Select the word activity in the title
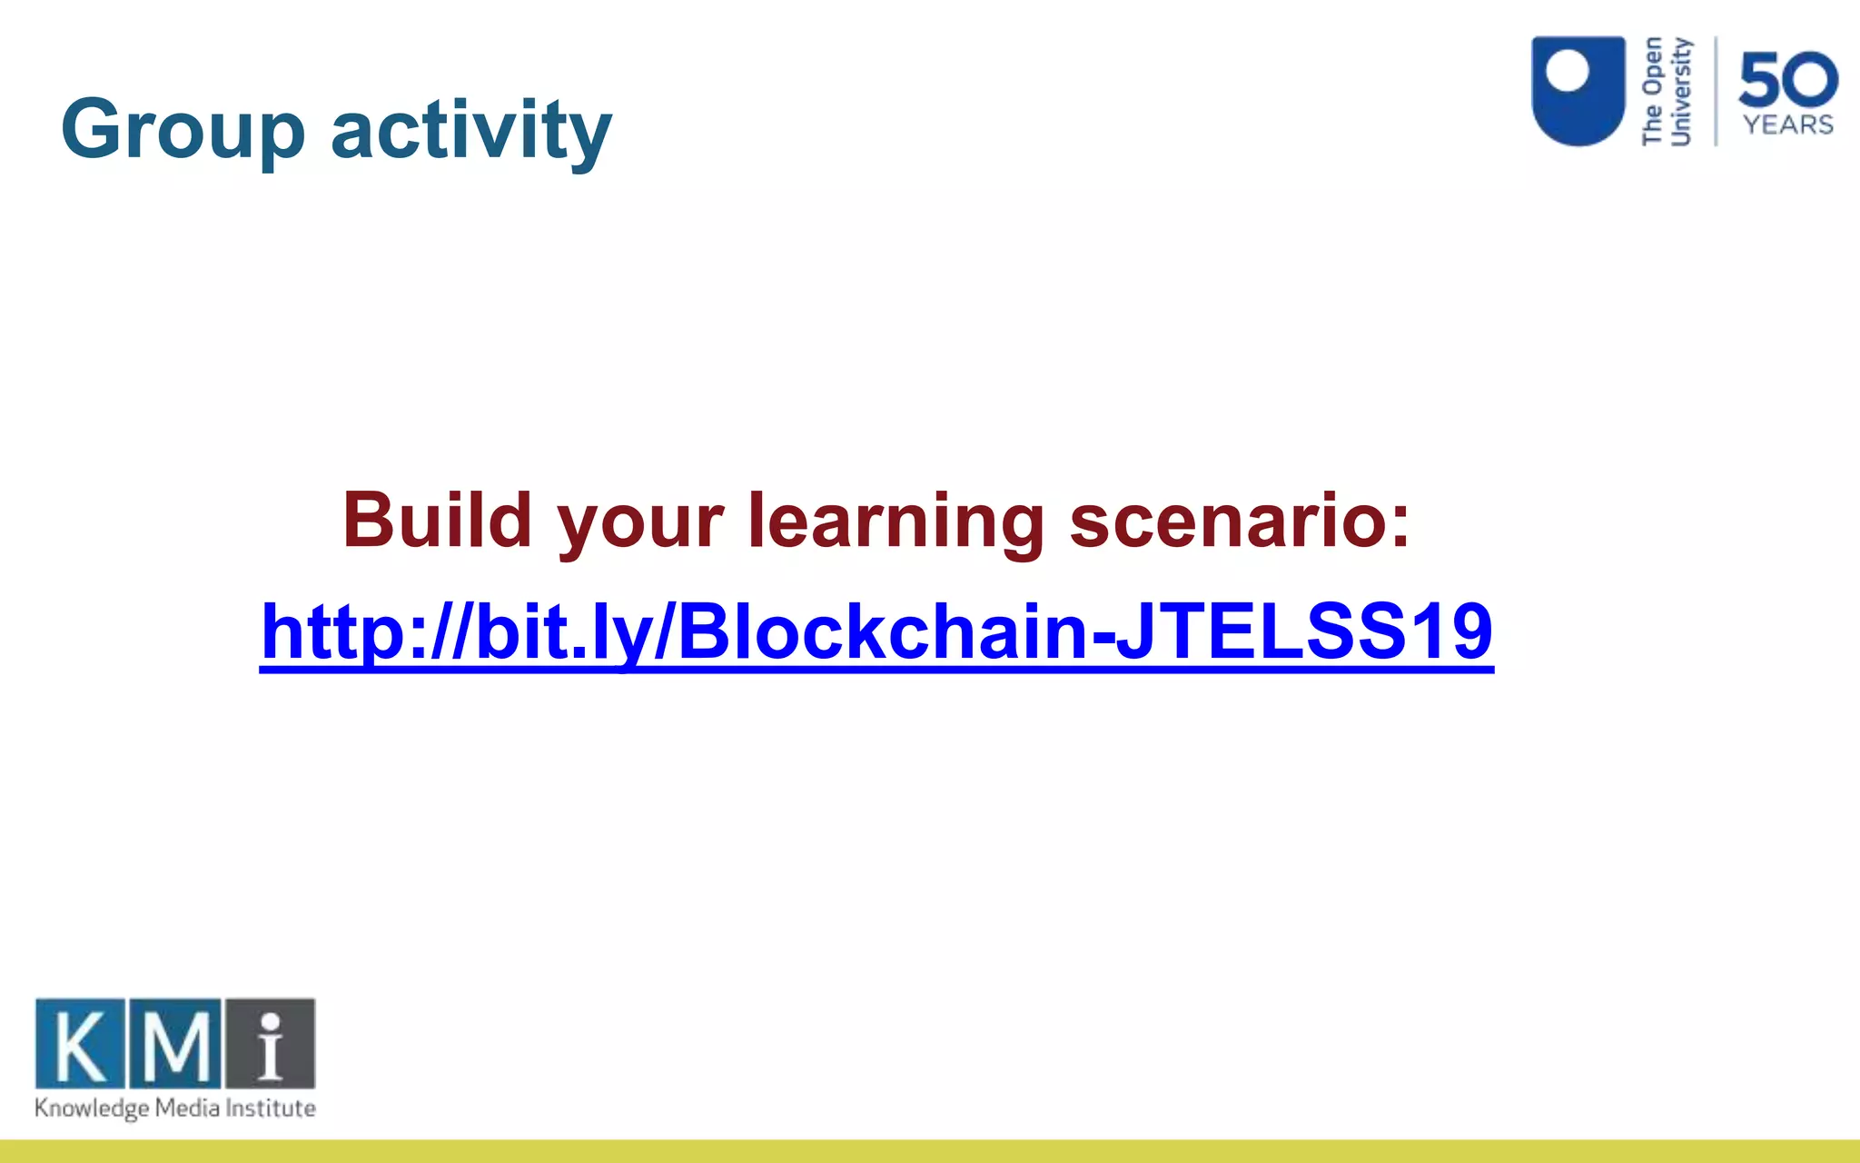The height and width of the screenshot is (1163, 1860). click(x=471, y=130)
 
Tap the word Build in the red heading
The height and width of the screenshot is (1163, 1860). click(x=437, y=520)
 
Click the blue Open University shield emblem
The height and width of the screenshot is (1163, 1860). click(x=1578, y=91)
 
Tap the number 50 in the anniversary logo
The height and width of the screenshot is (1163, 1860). click(x=1787, y=80)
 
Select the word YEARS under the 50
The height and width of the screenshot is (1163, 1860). click(x=1787, y=124)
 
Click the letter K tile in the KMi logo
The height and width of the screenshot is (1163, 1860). click(x=80, y=1043)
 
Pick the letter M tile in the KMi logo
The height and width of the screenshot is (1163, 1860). click(x=175, y=1043)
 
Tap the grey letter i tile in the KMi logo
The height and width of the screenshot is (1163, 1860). click(x=270, y=1043)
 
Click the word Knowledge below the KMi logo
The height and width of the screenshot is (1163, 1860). click(x=91, y=1108)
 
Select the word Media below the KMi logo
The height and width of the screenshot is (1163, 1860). click(x=187, y=1108)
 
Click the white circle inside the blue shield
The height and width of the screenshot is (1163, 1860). click(x=1568, y=71)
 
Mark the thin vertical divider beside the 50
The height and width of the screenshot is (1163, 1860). click(x=1716, y=91)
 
